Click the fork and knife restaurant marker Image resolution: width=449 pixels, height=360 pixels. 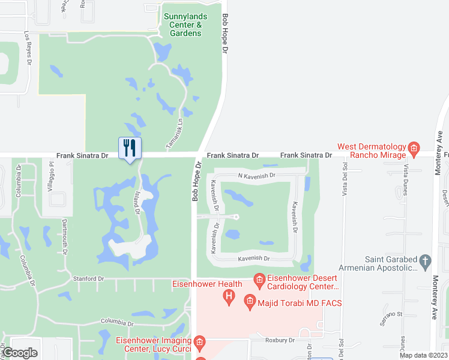pos(130,148)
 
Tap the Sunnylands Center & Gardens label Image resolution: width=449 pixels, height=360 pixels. pos(182,25)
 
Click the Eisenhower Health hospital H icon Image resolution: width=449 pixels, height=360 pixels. pos(229,296)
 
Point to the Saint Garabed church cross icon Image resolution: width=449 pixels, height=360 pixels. pos(426,261)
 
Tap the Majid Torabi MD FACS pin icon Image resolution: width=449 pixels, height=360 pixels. pos(250,304)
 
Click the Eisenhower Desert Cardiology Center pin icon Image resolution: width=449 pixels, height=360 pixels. pos(259,280)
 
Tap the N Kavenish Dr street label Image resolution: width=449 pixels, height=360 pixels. pos(256,176)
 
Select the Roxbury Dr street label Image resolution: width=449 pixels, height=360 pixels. pos(281,340)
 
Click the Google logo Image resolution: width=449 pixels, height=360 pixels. pos(20,352)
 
